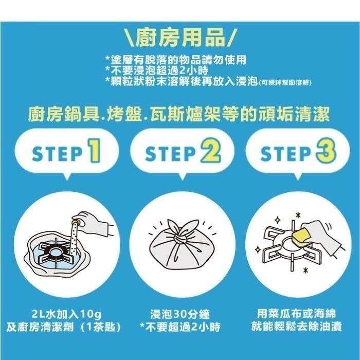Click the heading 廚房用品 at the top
pyautogui.click(x=181, y=37)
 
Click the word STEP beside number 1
pyautogui.click(x=56, y=153)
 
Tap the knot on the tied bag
pyautogui.click(x=181, y=237)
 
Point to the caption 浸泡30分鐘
pyautogui.click(x=180, y=314)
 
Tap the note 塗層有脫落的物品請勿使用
pyautogui.click(x=175, y=59)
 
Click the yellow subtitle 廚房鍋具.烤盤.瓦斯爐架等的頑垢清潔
pyautogui.click(x=180, y=113)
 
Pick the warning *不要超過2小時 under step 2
pyautogui.click(x=180, y=327)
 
